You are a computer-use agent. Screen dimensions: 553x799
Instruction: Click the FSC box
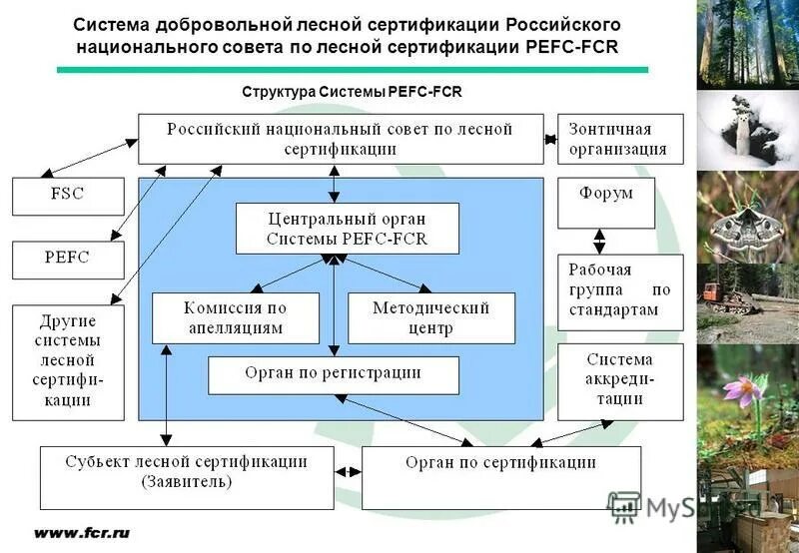tap(68, 197)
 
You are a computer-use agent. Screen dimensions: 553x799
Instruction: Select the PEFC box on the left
tap(68, 259)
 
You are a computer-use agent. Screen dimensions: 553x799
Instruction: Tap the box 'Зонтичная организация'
tap(619, 139)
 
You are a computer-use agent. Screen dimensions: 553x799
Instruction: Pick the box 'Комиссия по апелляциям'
tap(235, 318)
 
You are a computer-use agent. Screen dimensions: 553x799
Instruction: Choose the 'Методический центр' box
tap(431, 318)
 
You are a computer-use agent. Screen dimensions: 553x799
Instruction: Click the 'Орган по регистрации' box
tap(334, 374)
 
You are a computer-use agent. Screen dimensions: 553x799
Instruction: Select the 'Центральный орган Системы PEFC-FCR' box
tap(348, 229)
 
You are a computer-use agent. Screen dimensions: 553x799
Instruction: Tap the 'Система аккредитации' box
tap(619, 381)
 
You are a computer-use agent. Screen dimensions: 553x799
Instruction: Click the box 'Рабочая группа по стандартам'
tap(619, 291)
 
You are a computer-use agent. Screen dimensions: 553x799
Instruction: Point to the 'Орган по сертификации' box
tap(500, 477)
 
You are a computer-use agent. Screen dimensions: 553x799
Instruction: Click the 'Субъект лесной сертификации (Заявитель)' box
tap(187, 477)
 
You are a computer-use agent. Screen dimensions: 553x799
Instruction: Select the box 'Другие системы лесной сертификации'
tap(68, 361)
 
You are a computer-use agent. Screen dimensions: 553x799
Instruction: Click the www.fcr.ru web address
tap(82, 533)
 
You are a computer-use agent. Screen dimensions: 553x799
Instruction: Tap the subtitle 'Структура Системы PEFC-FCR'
tap(352, 91)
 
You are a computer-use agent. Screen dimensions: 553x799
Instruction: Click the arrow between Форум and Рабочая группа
tap(599, 242)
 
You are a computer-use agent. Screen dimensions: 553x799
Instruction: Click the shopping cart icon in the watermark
tap(624, 508)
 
